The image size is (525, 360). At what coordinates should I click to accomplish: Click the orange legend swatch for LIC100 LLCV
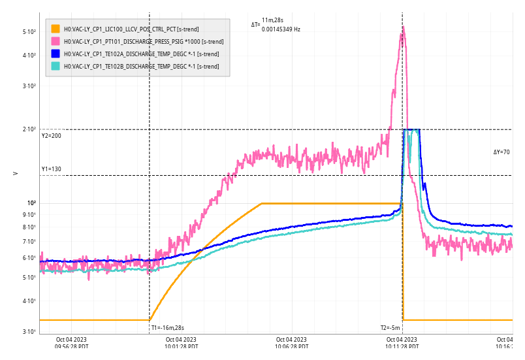[56, 29]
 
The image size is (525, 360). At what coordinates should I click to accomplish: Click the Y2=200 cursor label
[52, 136]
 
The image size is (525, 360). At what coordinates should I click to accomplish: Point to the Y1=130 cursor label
[52, 169]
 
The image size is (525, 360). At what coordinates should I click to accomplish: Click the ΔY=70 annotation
[501, 152]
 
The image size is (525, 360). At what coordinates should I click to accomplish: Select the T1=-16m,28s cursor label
[168, 328]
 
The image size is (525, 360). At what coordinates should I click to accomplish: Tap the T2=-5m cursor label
[390, 328]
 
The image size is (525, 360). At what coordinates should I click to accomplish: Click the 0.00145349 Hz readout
[281, 29]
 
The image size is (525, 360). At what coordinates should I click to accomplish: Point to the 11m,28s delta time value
[272, 21]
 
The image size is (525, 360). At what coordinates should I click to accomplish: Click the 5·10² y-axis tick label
[29, 31]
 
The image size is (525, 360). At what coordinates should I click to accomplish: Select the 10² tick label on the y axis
[31, 203]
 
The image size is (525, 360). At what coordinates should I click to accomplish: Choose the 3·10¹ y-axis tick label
[29, 332]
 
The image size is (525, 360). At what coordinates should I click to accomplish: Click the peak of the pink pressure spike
[403, 27]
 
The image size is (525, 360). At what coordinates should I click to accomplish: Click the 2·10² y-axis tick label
[29, 129]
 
